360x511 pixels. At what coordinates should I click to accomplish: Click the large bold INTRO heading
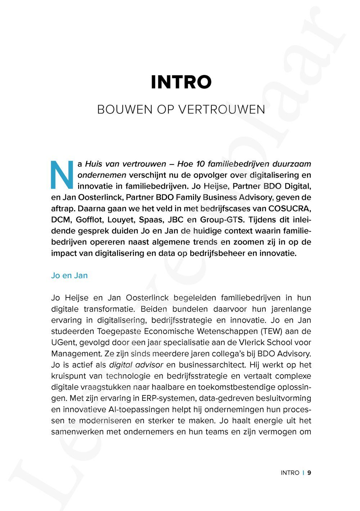181,82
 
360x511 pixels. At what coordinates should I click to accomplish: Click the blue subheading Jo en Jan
69,275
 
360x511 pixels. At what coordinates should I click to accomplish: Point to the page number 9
309,473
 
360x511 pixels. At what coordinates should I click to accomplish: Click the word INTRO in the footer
290,473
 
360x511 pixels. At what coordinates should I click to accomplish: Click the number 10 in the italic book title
201,164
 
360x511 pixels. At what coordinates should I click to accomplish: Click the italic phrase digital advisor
136,365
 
